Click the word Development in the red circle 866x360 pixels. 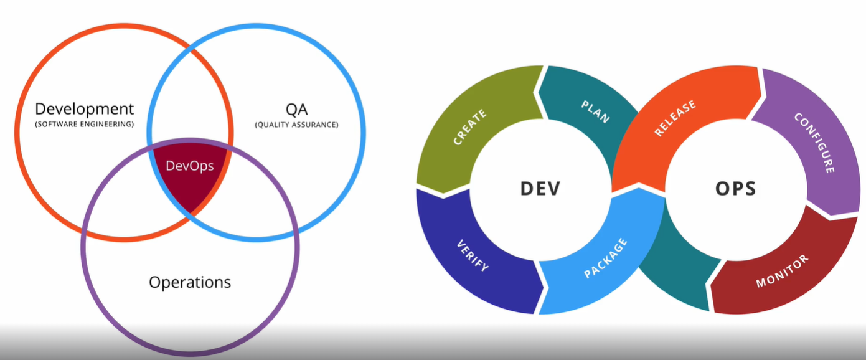point(84,109)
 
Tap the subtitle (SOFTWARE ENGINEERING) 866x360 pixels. point(84,125)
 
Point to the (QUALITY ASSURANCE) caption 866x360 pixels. point(296,125)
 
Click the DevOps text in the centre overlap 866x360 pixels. point(189,166)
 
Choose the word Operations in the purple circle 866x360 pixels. point(190,282)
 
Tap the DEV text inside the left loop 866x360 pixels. point(540,188)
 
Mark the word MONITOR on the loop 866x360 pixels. point(782,272)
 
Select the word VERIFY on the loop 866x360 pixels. point(473,255)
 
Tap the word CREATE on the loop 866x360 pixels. point(470,127)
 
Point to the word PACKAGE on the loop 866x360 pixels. point(605,258)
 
